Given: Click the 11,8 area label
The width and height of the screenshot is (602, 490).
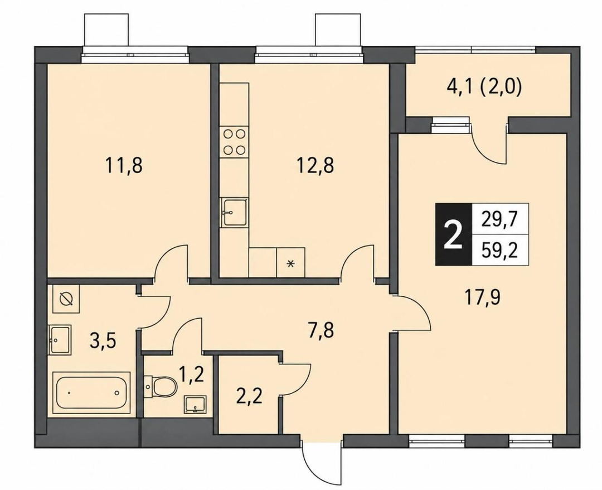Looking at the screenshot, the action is pyautogui.click(x=124, y=166).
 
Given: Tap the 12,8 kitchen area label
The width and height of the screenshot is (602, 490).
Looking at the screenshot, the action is pyautogui.click(x=315, y=166).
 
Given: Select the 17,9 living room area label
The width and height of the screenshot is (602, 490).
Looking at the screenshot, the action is pyautogui.click(x=483, y=297).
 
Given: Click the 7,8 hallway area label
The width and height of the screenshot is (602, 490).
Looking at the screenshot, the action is pyautogui.click(x=321, y=330).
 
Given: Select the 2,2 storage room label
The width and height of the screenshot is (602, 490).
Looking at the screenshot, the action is pyautogui.click(x=249, y=397).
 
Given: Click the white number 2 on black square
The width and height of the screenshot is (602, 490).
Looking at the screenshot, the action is pyautogui.click(x=453, y=234).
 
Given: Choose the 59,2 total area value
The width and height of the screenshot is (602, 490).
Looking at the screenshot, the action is pyautogui.click(x=500, y=251).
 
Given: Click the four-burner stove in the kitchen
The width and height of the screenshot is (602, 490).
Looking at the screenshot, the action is pyautogui.click(x=234, y=142).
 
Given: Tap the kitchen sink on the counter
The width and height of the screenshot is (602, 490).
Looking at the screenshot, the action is pyautogui.click(x=234, y=213).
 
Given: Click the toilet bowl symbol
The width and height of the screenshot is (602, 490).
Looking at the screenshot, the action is pyautogui.click(x=161, y=386).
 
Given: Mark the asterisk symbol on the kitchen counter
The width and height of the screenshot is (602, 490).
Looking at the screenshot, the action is pyautogui.click(x=291, y=263).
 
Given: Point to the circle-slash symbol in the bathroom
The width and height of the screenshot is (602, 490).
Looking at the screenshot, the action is pyautogui.click(x=66, y=299).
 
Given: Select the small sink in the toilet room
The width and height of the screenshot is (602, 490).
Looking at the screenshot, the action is pyautogui.click(x=196, y=405).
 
